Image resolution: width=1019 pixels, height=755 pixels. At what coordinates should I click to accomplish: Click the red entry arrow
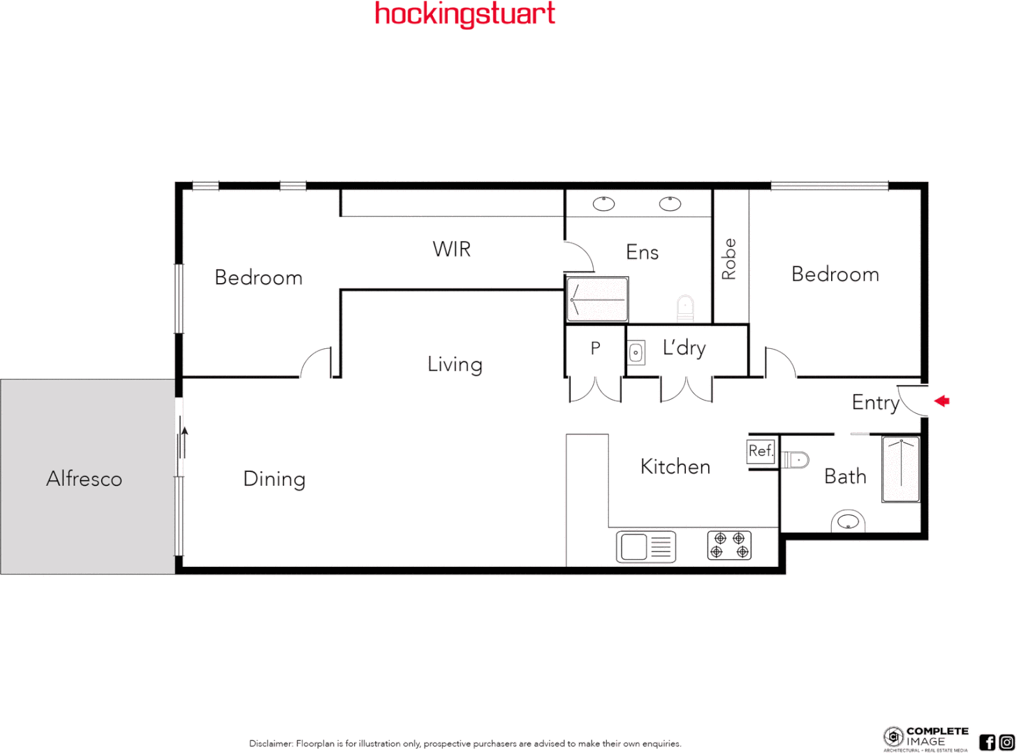pyautogui.click(x=942, y=401)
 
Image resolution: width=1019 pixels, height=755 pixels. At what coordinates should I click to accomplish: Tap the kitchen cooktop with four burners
pyautogui.click(x=729, y=545)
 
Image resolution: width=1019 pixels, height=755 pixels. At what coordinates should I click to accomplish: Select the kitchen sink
pyautogui.click(x=646, y=547)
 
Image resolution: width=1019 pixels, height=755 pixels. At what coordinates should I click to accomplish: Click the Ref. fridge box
pyautogui.click(x=761, y=451)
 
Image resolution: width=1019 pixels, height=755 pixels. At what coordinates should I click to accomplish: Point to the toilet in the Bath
pyautogui.click(x=795, y=459)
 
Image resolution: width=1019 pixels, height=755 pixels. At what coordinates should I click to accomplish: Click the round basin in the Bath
pyautogui.click(x=848, y=522)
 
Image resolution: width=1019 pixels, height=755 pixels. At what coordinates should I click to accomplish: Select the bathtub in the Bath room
pyautogui.click(x=901, y=469)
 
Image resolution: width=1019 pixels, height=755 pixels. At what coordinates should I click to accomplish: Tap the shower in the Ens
pyautogui.click(x=597, y=299)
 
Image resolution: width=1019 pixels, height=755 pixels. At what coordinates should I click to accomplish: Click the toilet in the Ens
pyautogui.click(x=686, y=306)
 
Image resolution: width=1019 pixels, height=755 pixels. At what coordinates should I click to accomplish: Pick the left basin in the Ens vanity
pyautogui.click(x=603, y=203)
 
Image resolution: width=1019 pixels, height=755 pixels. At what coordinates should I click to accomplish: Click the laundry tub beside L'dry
pyautogui.click(x=636, y=352)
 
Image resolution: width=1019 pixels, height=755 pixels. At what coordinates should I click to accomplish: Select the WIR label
pyautogui.click(x=452, y=249)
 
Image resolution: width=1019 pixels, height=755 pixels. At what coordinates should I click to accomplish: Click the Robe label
pyautogui.click(x=729, y=259)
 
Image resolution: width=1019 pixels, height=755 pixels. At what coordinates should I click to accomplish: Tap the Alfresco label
pyautogui.click(x=85, y=479)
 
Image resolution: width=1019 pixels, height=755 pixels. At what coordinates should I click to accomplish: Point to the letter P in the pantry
pyautogui.click(x=595, y=347)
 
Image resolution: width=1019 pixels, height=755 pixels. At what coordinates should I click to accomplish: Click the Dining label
pyautogui.click(x=274, y=479)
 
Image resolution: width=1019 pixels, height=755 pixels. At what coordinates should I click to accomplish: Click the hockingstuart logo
pyautogui.click(x=465, y=14)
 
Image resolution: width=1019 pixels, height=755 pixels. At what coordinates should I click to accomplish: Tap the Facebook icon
pyautogui.click(x=987, y=742)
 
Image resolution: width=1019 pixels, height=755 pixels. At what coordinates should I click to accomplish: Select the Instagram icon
pyautogui.click(x=1007, y=742)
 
